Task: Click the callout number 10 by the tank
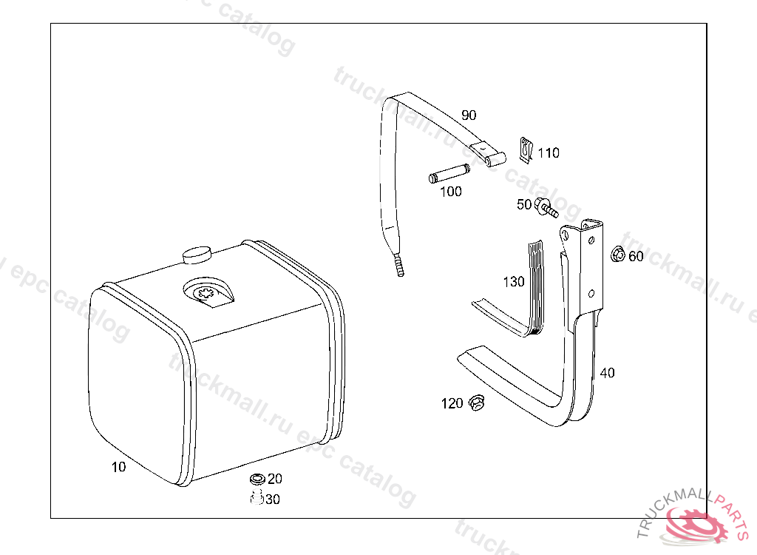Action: coord(118,467)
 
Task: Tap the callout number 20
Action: coord(275,479)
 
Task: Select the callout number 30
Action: coord(273,499)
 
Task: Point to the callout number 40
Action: coord(608,373)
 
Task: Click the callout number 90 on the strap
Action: coord(469,115)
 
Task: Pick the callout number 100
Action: coord(451,192)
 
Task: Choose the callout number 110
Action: coord(549,152)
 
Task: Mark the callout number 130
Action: coord(514,281)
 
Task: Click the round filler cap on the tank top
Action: coord(197,255)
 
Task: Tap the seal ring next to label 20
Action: coord(257,479)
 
